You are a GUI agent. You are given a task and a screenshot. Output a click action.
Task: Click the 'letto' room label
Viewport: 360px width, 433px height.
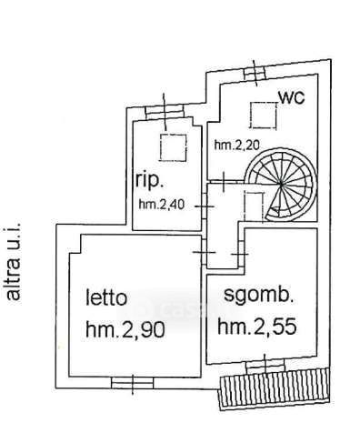coord(106,297)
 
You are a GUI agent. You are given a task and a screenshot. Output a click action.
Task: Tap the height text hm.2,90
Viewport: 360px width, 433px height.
coord(125,329)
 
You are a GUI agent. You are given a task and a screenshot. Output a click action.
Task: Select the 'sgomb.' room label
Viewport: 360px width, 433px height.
coord(258,296)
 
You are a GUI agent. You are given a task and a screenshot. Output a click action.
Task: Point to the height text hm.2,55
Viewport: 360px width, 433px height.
coord(257,327)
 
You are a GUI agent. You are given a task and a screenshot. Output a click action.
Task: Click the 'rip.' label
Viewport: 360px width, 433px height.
coord(150,181)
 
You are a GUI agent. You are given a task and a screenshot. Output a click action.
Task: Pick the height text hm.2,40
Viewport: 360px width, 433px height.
coord(162,205)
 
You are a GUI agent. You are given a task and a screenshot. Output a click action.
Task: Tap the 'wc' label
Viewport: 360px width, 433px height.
coord(291,97)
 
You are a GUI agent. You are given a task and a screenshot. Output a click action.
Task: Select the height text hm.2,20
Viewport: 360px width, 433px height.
coord(237,146)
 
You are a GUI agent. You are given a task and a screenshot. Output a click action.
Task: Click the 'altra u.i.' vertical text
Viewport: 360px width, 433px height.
coord(14,262)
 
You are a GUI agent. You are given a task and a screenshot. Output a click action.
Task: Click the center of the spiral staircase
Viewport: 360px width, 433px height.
coord(282,183)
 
